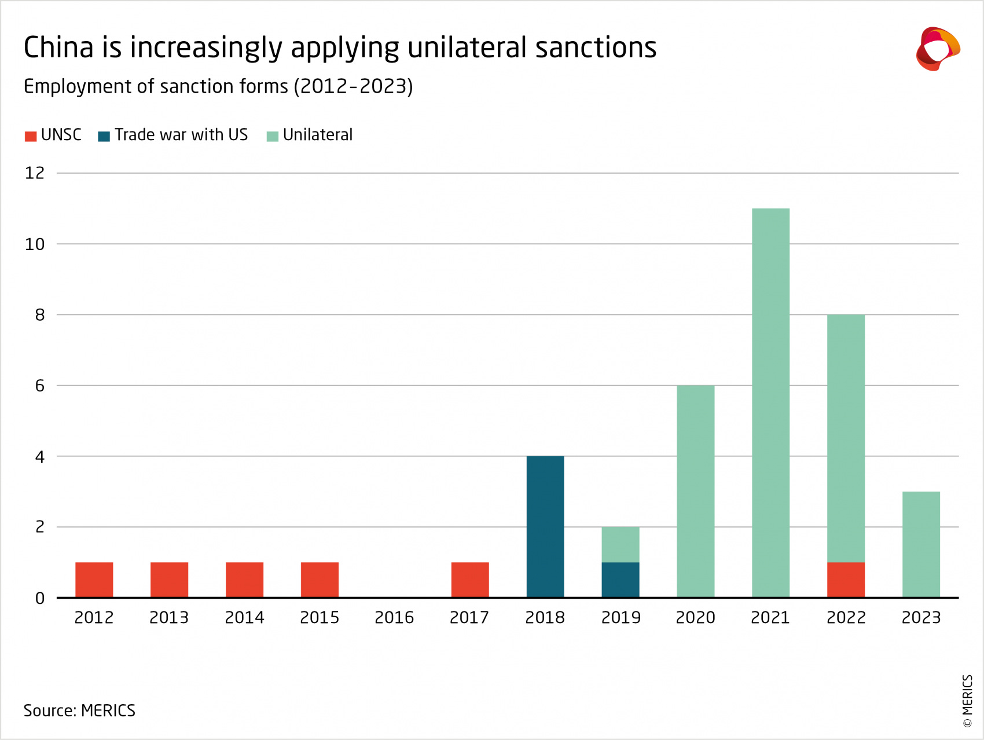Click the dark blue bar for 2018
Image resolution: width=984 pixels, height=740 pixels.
[545, 526]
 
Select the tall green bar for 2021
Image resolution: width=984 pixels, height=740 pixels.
[770, 402]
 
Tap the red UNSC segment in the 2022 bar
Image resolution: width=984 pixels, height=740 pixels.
[846, 580]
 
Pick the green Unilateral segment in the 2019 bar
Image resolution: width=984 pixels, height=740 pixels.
[620, 544]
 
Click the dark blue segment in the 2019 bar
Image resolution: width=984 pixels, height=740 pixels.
[620, 580]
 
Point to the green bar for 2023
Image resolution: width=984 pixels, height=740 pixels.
[921, 544]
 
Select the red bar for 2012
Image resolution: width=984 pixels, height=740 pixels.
[94, 580]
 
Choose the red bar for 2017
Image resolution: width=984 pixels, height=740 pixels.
[469, 580]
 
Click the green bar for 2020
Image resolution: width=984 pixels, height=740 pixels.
[695, 491]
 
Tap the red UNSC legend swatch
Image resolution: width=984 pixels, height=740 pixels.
[31, 137]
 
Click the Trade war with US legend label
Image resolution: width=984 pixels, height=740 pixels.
[181, 135]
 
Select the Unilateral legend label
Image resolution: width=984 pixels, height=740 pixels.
[317, 135]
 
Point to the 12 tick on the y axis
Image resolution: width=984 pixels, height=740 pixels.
[35, 173]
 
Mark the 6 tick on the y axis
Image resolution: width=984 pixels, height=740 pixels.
[39, 386]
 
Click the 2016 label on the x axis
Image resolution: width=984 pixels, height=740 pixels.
[394, 618]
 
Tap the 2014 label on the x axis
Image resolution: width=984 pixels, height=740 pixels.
[244, 618]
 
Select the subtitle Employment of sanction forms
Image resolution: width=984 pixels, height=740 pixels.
[218, 86]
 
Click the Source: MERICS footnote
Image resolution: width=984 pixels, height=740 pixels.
[79, 710]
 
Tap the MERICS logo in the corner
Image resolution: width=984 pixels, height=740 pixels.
[937, 49]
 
